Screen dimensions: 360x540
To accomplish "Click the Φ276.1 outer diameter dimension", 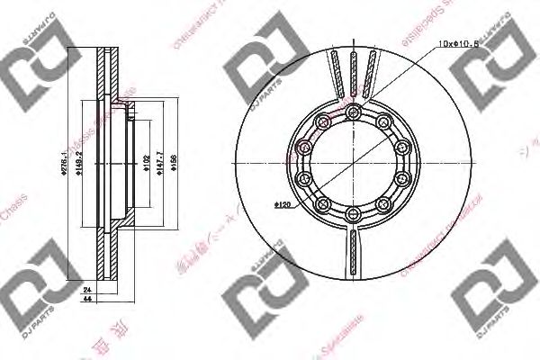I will pos(76,163).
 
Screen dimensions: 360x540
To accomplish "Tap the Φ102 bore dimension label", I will pos(145,161).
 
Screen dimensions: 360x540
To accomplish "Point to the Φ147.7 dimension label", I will pos(159,161).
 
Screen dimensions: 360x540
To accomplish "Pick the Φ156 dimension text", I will pos(172,161).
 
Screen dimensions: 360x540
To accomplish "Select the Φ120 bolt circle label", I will pos(282,206).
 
